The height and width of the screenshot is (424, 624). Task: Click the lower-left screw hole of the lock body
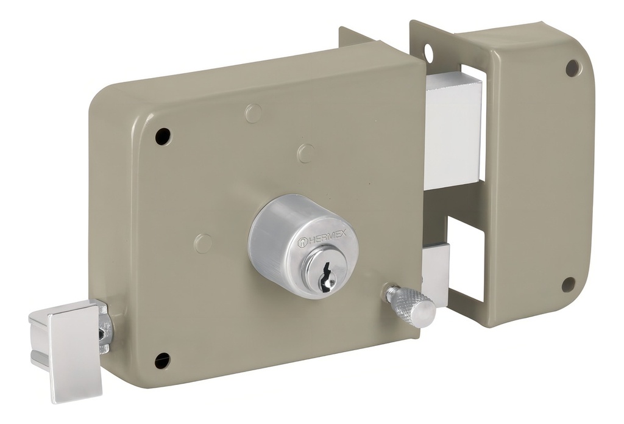coord(163,361)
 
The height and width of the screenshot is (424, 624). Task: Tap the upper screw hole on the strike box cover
coord(573,67)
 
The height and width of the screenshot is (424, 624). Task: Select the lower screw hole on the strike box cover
coord(570,284)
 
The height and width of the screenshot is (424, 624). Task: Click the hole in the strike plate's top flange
coord(430,51)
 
